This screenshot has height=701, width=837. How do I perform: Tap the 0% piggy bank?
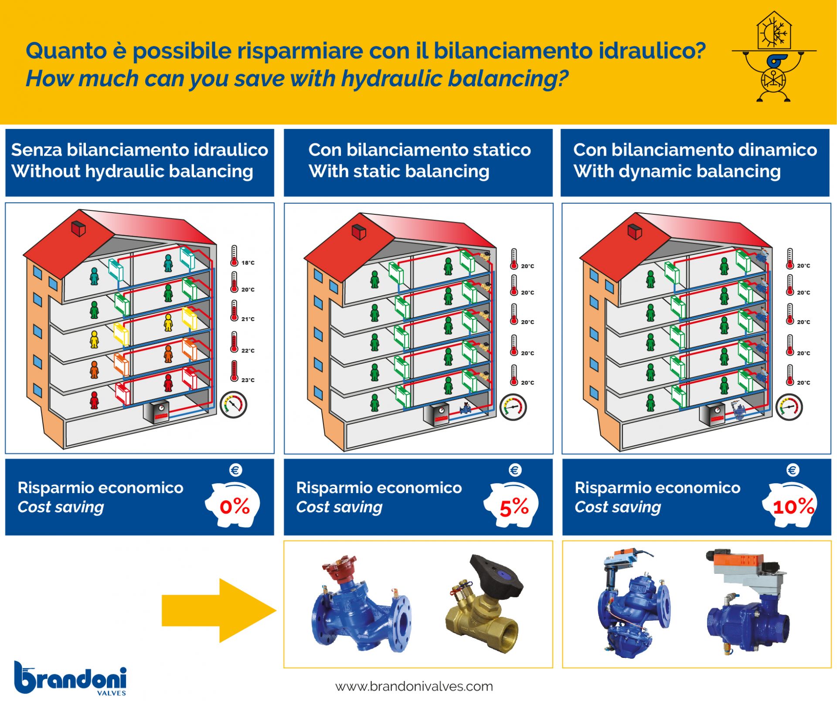pos(233,505)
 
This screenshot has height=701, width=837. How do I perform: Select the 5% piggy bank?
pos(512,505)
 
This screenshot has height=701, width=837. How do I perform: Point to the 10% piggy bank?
pos(790,505)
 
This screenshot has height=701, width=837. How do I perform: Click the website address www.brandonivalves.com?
pos(414,687)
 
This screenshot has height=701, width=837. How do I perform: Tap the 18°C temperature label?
pos(248,263)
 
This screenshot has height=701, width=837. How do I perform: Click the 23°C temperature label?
pos(248,380)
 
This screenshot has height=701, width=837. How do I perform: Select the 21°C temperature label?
pos(248,319)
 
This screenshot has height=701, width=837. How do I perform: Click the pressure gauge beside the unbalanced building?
pos(234,405)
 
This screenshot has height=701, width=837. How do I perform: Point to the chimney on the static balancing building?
pos(359,232)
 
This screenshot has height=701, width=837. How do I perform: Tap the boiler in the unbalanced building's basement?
pos(157,412)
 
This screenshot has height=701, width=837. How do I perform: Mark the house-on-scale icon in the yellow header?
pos(774,57)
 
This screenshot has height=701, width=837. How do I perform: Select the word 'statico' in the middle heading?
pos(502,150)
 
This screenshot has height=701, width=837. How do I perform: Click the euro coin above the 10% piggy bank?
pos(793,470)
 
